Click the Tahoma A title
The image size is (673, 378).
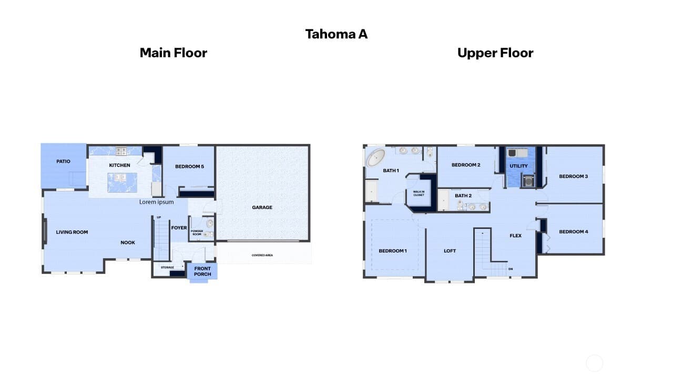click(x=336, y=34)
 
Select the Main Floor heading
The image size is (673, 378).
click(x=174, y=53)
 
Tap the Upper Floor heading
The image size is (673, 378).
click(x=495, y=53)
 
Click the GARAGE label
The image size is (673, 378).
click(x=262, y=207)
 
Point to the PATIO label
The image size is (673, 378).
click(x=64, y=161)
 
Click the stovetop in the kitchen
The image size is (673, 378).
click(x=121, y=151)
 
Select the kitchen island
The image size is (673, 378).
click(x=123, y=182)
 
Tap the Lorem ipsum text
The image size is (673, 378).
click(x=156, y=202)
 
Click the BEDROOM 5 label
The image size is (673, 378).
click(x=189, y=166)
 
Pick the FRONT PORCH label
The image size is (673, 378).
click(x=202, y=271)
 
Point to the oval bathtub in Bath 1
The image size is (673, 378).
click(x=375, y=158)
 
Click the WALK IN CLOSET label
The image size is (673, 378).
click(x=419, y=193)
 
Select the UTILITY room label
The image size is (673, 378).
click(x=518, y=166)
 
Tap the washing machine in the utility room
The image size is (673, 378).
click(x=528, y=181)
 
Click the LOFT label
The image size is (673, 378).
click(x=450, y=251)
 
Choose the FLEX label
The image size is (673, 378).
click(x=516, y=236)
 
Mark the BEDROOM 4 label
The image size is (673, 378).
click(x=573, y=232)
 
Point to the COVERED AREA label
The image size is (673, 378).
click(x=262, y=255)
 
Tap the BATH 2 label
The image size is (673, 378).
click(x=463, y=196)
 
